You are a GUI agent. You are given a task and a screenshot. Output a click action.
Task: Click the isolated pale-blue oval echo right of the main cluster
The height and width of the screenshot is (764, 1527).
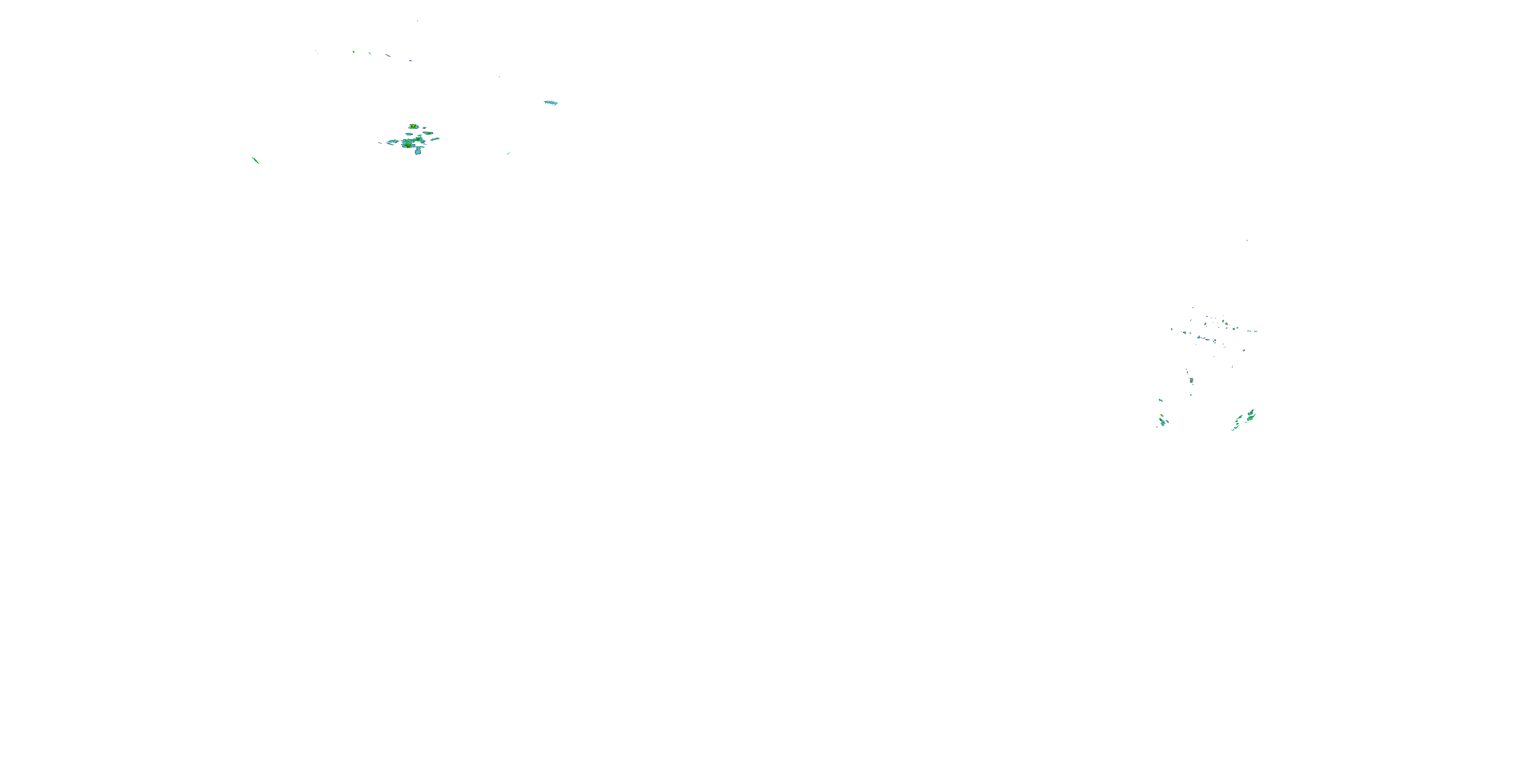click(551, 102)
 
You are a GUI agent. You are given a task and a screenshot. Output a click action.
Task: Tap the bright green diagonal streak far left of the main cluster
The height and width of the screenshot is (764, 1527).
click(256, 160)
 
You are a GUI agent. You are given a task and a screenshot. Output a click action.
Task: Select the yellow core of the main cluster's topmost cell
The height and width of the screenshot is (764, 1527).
click(413, 126)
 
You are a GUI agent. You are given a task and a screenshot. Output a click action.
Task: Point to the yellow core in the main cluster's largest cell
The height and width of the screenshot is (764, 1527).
click(408, 144)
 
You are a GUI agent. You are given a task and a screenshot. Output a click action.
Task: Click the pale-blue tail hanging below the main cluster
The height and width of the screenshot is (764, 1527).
click(418, 151)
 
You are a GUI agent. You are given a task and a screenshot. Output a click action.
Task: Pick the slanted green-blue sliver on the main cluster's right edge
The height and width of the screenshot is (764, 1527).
click(435, 140)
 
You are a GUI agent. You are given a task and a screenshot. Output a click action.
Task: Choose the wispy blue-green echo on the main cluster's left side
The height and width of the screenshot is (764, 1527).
click(392, 143)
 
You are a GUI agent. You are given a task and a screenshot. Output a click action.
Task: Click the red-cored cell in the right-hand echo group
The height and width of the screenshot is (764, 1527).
click(1191, 380)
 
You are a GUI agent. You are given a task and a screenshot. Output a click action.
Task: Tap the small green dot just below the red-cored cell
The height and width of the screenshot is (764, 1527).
click(1191, 394)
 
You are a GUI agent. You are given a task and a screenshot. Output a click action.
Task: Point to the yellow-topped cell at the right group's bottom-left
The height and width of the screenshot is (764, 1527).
click(1163, 422)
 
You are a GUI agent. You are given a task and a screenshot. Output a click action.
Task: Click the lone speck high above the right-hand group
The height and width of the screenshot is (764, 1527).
click(1247, 240)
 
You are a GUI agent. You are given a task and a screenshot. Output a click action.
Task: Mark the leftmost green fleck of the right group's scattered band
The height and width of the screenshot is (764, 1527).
click(1172, 330)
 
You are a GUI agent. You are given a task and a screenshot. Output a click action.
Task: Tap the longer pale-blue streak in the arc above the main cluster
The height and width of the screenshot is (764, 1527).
click(388, 55)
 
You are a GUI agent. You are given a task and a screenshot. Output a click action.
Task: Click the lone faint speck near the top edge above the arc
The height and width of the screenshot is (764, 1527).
click(417, 21)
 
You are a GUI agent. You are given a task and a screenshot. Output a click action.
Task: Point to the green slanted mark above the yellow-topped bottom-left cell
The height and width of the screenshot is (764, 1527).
click(1160, 400)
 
